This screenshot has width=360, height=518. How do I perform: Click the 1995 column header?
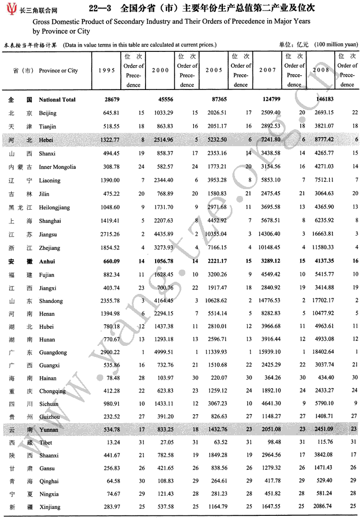tap(106, 70)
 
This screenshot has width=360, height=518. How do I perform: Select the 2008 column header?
tap(320, 70)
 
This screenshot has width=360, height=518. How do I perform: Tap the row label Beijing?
tap(47, 113)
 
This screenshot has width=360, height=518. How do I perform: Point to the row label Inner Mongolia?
tap(57, 167)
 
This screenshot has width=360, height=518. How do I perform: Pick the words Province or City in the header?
tap(58, 70)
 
